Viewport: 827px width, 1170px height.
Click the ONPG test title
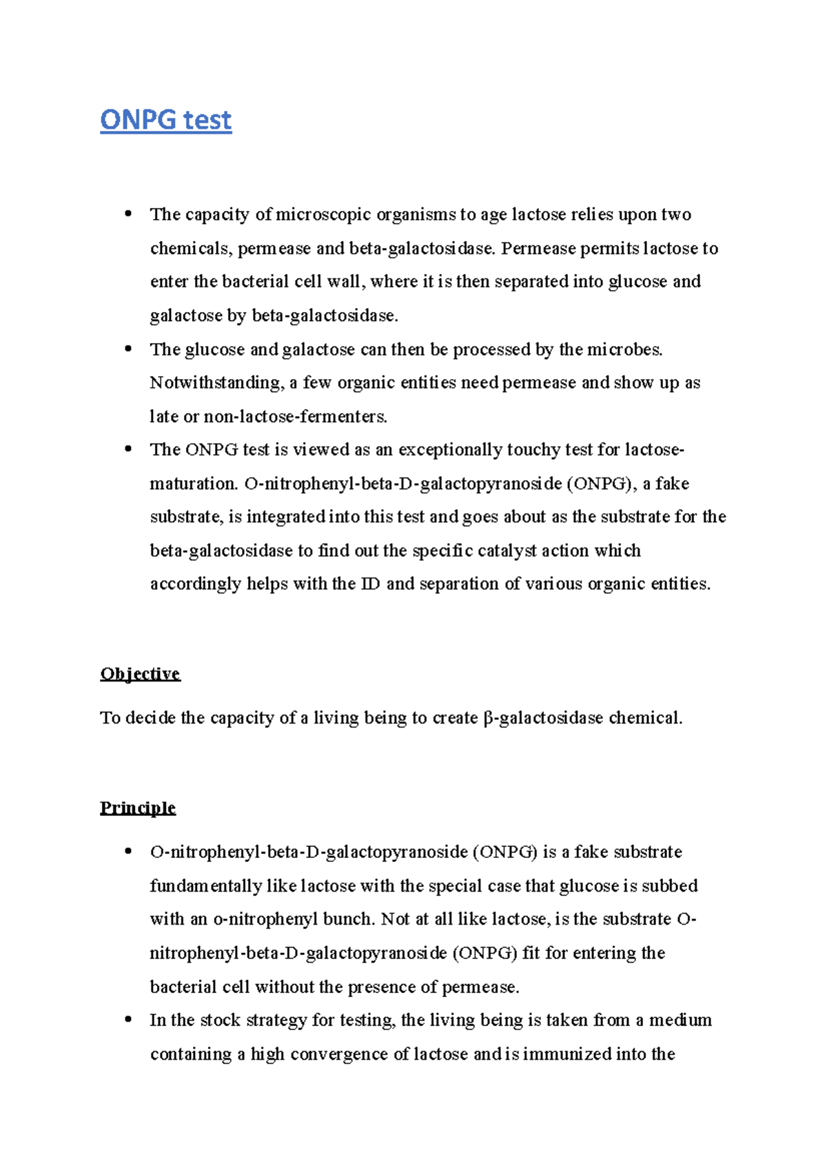coord(165,121)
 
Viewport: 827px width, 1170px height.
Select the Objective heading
coord(140,673)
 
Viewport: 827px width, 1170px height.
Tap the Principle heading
coord(137,808)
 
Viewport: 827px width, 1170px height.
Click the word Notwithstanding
coord(216,383)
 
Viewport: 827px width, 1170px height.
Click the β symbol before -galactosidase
coord(489,719)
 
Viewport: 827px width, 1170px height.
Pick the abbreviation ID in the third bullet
coord(370,584)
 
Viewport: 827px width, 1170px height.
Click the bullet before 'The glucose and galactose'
coord(127,349)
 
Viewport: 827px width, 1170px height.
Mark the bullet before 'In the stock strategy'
coord(127,1020)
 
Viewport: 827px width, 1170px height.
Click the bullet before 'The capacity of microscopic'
coord(127,214)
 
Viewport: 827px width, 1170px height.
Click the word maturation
coord(193,484)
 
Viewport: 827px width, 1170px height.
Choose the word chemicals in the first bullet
coord(190,249)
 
